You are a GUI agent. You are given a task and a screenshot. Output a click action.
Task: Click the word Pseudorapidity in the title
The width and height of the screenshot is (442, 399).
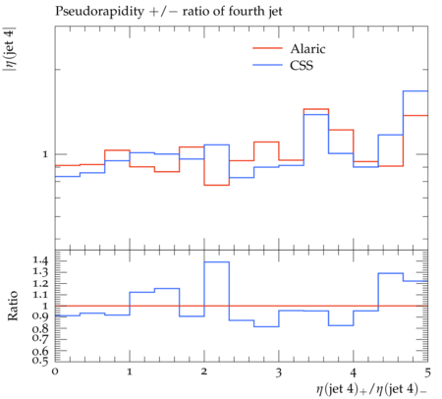point(99,12)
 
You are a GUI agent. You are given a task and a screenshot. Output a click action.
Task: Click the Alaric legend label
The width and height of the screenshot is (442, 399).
point(307,49)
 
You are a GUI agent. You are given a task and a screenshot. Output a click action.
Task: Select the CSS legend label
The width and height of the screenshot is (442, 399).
point(302,65)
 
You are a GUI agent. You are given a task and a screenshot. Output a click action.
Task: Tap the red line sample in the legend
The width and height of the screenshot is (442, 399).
point(267,48)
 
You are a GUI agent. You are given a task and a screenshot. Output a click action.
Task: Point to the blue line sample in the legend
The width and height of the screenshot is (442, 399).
point(267,65)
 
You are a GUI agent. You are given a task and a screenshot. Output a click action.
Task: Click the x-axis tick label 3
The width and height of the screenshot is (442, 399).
point(279,372)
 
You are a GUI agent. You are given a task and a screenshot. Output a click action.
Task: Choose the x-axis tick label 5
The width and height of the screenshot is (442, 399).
point(427,372)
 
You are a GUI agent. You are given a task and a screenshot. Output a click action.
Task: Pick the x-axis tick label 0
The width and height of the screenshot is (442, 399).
point(55,371)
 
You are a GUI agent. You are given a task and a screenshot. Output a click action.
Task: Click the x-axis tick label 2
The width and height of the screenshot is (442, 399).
point(204,371)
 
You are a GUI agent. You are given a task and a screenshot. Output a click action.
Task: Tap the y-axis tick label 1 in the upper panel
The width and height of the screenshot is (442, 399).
point(45,154)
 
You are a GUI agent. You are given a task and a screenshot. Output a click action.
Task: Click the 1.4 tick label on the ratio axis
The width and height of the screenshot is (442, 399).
point(40,260)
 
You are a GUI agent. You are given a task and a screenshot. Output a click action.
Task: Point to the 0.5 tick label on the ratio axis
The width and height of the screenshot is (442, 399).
point(40,361)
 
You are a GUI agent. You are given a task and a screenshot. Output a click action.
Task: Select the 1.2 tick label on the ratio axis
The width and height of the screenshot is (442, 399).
point(40,284)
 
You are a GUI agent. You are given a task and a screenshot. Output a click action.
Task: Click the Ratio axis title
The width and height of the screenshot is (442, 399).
point(13,306)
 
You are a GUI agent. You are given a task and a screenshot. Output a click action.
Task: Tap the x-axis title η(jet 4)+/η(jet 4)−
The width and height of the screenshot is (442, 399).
point(371,389)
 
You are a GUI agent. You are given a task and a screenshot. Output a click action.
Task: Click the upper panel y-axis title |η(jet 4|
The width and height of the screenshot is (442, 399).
point(10,50)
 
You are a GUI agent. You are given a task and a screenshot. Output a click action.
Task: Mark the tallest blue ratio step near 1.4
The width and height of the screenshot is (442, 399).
point(217,261)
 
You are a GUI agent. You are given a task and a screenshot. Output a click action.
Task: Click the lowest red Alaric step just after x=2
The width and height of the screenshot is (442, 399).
point(217,185)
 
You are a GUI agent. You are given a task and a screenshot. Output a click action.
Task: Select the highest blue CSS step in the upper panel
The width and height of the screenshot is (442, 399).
point(415,90)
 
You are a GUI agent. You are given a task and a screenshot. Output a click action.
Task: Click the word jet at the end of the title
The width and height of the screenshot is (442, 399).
point(275,12)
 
